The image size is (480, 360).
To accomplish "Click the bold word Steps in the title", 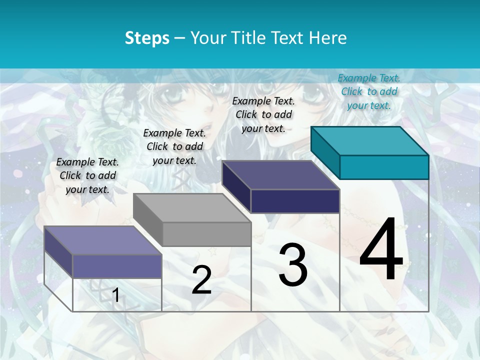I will click(147, 38).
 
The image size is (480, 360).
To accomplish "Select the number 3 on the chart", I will click(293, 265).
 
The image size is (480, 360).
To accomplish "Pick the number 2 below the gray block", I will click(201, 280).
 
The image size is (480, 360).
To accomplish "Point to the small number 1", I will click(115, 295).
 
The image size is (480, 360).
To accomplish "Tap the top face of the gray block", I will click(192, 207).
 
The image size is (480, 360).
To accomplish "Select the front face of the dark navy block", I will click(295, 201).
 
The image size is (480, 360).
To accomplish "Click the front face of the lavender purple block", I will click(117, 266).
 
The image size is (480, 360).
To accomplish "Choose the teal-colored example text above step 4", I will click(369, 91).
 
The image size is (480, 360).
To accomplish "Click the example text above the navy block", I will click(263, 114).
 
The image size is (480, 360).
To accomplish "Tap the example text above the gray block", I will click(174, 146).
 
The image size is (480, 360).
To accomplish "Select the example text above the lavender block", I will click(87, 175).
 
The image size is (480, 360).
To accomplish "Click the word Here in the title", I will click(328, 38).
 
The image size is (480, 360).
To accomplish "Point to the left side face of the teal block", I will click(325, 152).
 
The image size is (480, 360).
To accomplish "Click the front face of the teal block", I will click(384, 167).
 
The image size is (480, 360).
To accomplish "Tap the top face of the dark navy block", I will click(281, 175).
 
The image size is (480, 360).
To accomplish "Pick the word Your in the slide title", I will click(208, 38).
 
